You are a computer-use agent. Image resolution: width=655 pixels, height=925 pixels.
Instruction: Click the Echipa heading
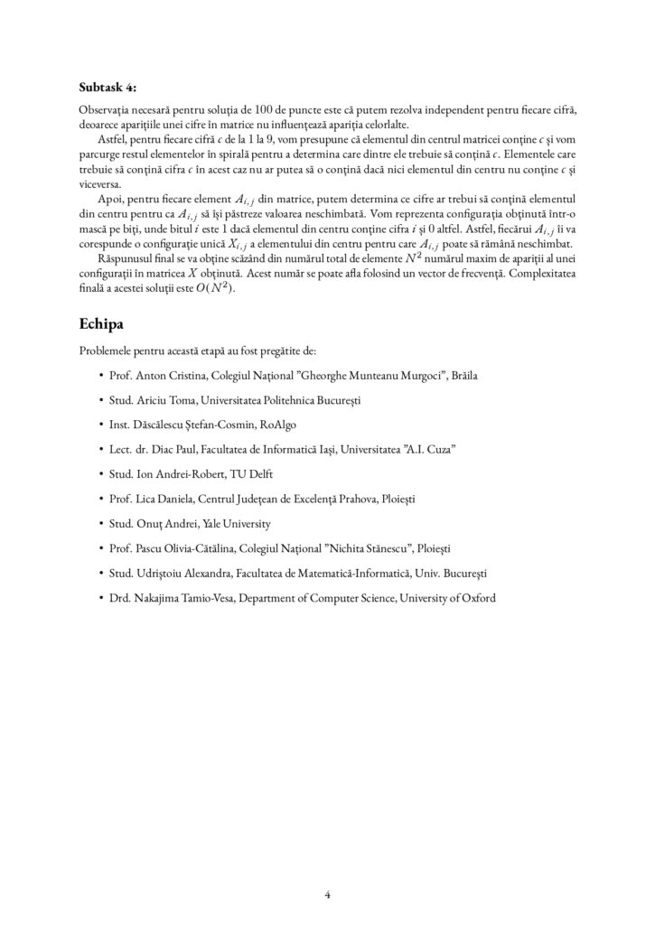pyautogui.click(x=106, y=322)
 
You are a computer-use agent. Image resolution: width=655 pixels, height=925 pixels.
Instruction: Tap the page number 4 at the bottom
pyautogui.click(x=327, y=895)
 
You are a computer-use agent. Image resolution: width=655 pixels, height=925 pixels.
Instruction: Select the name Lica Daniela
pyautogui.click(x=164, y=498)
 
